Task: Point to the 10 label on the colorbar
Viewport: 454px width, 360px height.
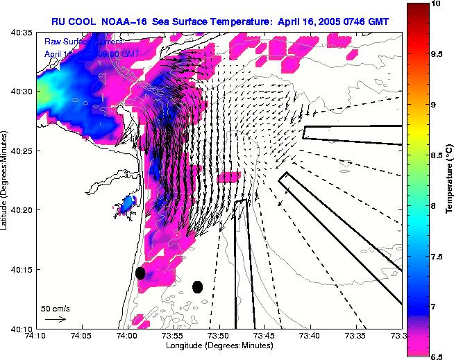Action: click(x=437, y=4)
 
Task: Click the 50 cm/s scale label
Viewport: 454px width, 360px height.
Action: click(x=55, y=308)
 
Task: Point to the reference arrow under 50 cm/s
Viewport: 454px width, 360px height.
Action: click(x=55, y=319)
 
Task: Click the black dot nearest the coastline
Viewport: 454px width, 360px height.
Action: click(x=140, y=273)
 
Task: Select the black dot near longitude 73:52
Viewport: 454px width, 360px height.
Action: click(x=197, y=286)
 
